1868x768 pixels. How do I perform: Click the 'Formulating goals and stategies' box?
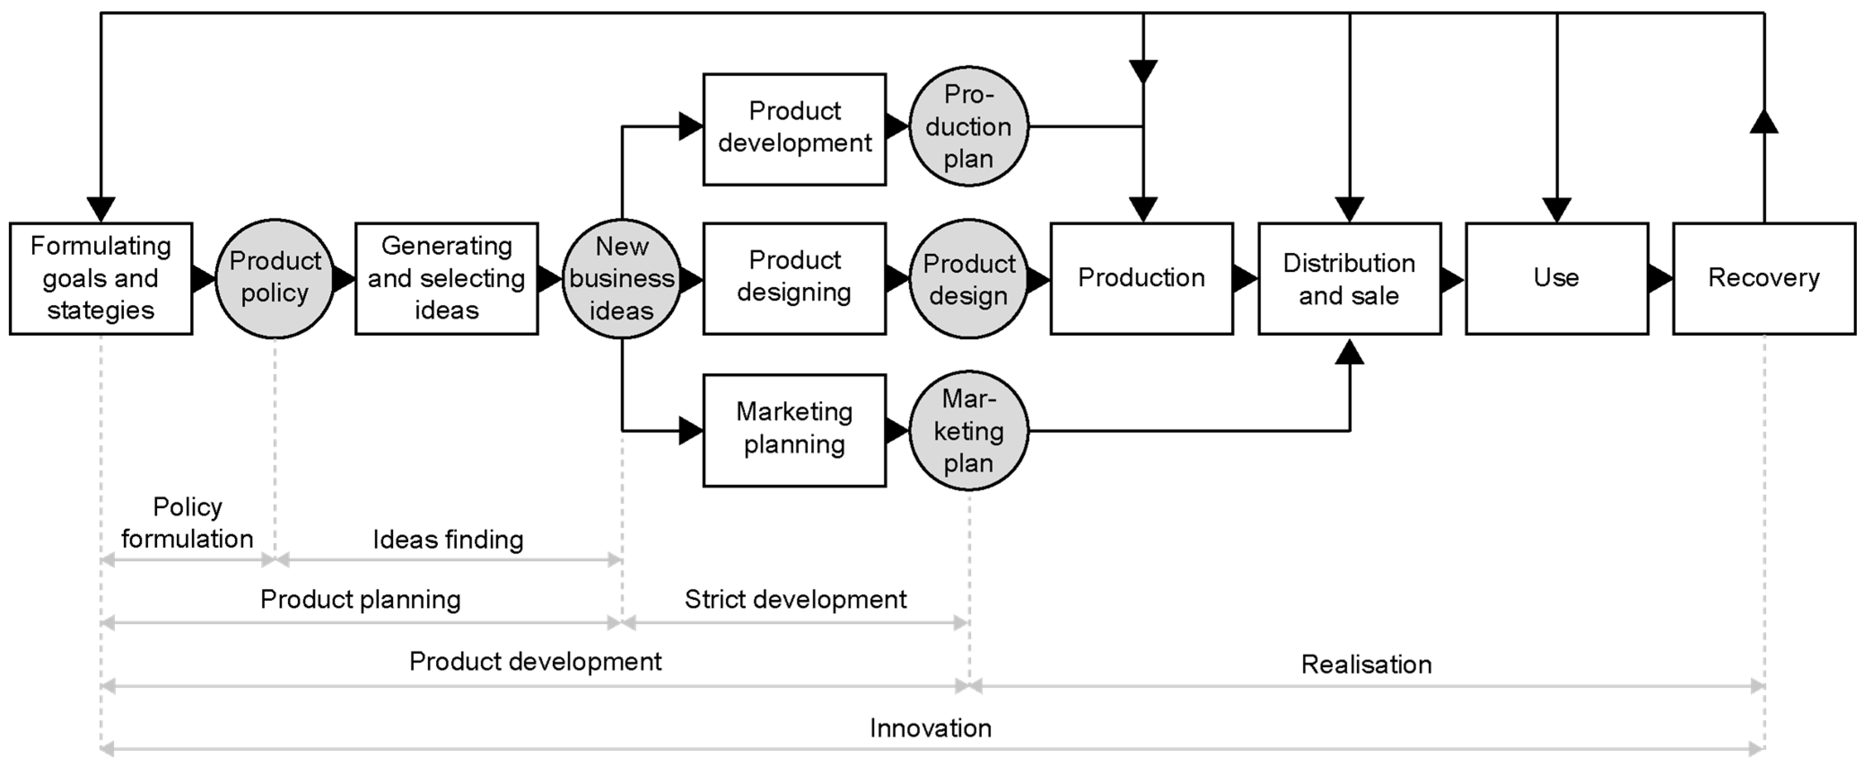pyautogui.click(x=101, y=279)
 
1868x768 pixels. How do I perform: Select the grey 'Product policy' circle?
pyautogui.click(x=275, y=279)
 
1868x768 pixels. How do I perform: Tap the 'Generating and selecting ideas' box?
pyautogui.click(x=447, y=279)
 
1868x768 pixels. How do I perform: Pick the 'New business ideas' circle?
pyautogui.click(x=621, y=279)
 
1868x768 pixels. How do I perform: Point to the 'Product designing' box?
pyautogui.click(x=794, y=279)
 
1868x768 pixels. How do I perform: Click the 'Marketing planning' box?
pyautogui.click(x=794, y=430)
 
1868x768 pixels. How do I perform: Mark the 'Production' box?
pyautogui.click(x=1141, y=279)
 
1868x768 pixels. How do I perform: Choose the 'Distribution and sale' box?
pyautogui.click(x=1349, y=279)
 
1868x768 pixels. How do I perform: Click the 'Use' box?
pyautogui.click(x=1556, y=279)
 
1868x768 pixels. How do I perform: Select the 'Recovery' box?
pyautogui.click(x=1763, y=279)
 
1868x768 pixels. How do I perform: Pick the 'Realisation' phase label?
pyautogui.click(x=1366, y=664)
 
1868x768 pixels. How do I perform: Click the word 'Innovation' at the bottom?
pyautogui.click(x=930, y=728)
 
